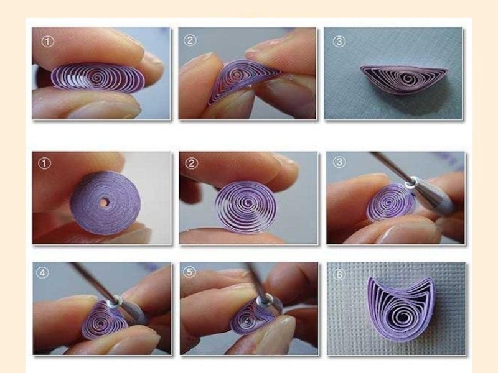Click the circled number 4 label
click(x=42, y=272)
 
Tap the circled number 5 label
click(x=190, y=272)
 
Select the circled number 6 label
click(x=339, y=274)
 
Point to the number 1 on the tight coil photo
click(x=44, y=163)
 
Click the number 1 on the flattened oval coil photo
click(x=48, y=41)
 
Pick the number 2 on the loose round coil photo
click(x=192, y=163)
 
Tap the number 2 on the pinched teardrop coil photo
click(x=190, y=40)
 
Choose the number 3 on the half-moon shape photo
click(x=339, y=41)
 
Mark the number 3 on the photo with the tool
click(x=339, y=162)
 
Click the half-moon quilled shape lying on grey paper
click(x=403, y=80)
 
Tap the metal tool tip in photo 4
click(x=115, y=301)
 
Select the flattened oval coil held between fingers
click(x=98, y=78)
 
